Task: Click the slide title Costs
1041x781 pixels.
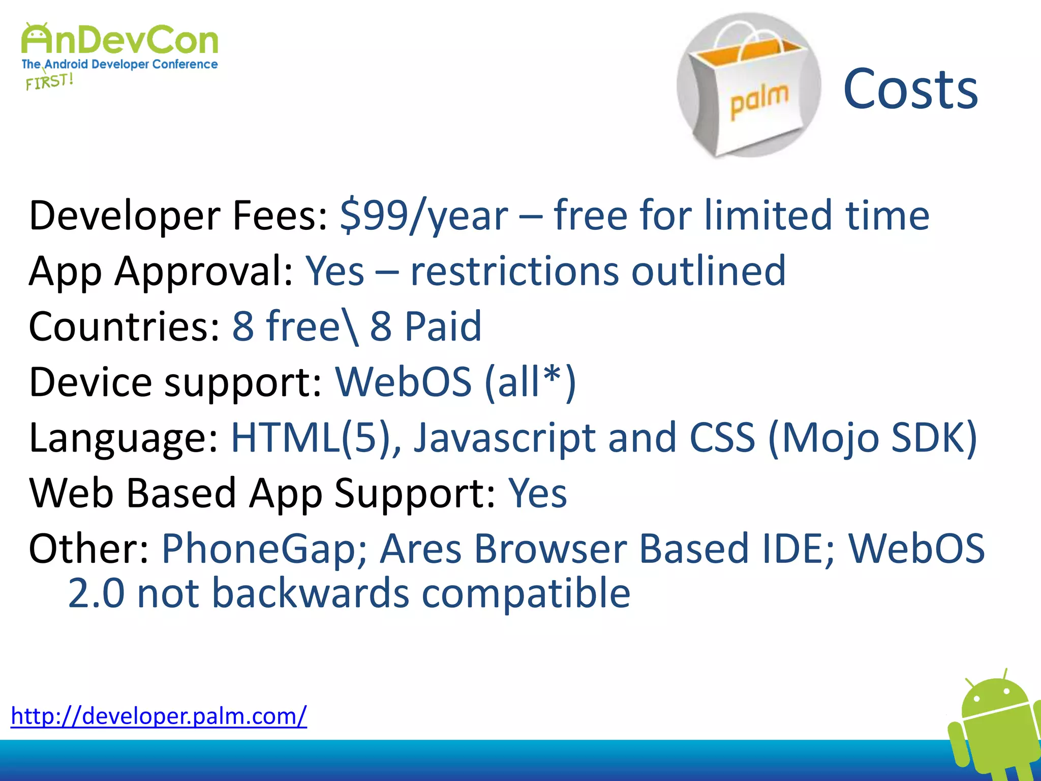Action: point(910,89)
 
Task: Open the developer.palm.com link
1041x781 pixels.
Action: point(159,716)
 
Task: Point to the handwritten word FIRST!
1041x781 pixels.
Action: point(50,81)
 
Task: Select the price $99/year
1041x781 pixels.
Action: point(424,216)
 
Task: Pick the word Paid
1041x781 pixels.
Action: point(442,326)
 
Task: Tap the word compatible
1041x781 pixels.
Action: point(526,593)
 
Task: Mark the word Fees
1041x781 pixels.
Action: point(280,216)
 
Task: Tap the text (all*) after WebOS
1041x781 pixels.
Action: point(530,382)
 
